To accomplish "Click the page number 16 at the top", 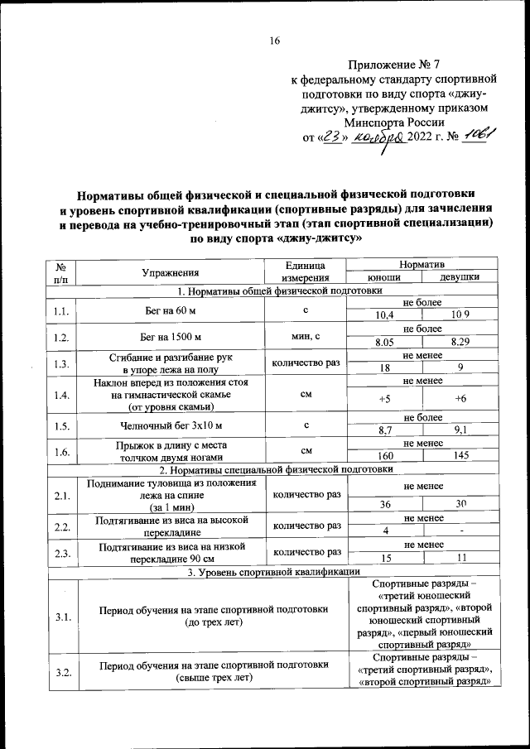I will pyautogui.click(x=275, y=42).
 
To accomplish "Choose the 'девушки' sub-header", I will pyautogui.click(x=458, y=277).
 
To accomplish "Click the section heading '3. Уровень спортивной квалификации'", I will pyautogui.click(x=272, y=571).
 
